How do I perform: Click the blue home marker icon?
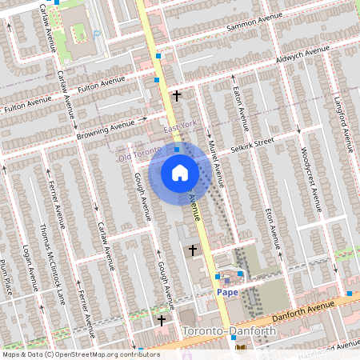(x=180, y=173)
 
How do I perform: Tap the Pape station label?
(x=228, y=293)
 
